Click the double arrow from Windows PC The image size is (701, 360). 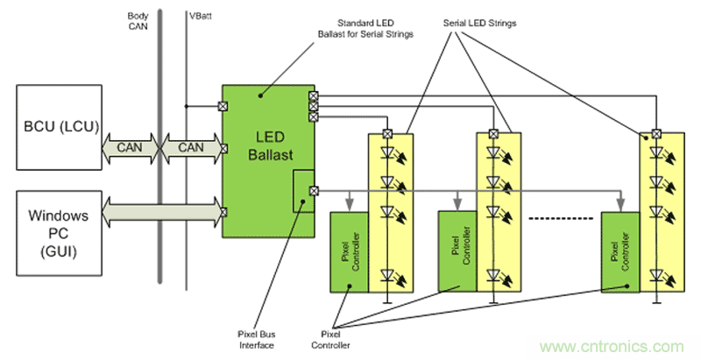[x=161, y=212]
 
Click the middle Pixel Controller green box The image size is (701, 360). [x=462, y=251]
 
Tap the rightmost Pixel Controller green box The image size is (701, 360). [x=621, y=251]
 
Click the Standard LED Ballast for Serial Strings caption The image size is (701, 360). [x=365, y=28]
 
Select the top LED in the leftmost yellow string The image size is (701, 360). [x=387, y=154]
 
